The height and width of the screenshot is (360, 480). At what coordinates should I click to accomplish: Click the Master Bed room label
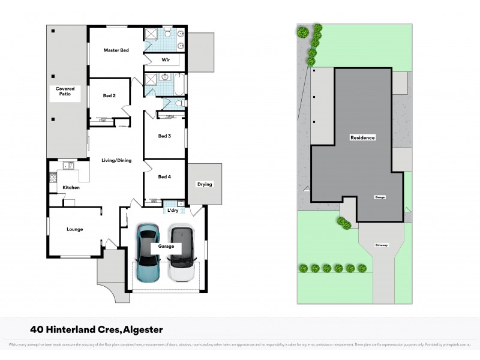click(116, 50)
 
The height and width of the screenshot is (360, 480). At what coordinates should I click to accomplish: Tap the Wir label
click(166, 60)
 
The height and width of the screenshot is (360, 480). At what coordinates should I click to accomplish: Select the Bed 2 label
click(109, 95)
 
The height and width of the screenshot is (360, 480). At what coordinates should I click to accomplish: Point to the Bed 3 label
click(164, 136)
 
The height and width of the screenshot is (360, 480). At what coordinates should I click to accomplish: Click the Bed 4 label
click(164, 177)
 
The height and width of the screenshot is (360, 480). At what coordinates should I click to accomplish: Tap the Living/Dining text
click(116, 160)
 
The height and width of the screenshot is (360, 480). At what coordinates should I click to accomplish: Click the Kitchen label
click(71, 188)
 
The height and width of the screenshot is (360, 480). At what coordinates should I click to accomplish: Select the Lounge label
click(74, 229)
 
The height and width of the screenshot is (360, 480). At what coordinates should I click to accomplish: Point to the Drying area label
click(205, 184)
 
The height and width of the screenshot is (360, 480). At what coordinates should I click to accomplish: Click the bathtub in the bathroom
click(179, 83)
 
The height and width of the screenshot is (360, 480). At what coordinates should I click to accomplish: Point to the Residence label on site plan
click(362, 138)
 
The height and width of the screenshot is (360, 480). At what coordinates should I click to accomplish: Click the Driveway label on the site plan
click(382, 245)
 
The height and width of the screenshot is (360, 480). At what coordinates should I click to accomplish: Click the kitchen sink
click(70, 165)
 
